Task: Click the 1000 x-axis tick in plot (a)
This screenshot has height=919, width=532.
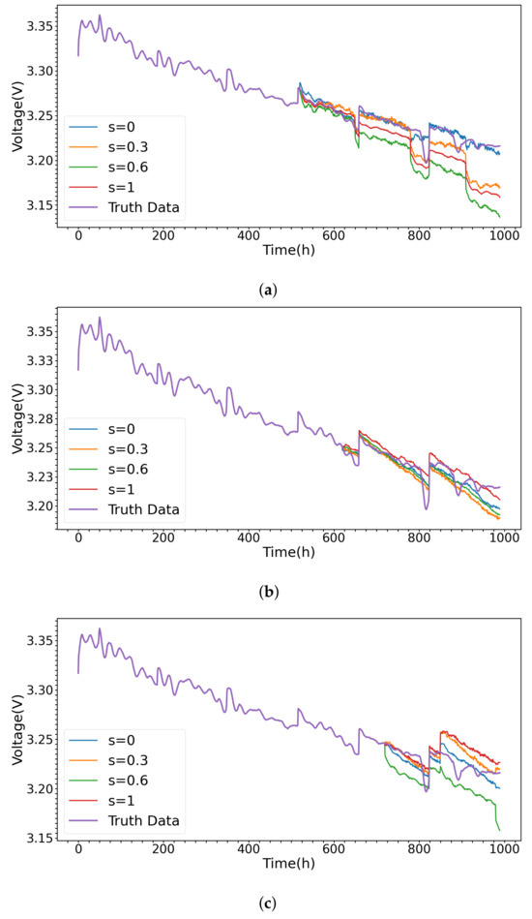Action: coord(502,235)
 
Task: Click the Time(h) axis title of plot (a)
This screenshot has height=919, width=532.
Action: coord(288,250)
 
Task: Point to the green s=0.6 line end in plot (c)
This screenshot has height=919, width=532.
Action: coord(499,830)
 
